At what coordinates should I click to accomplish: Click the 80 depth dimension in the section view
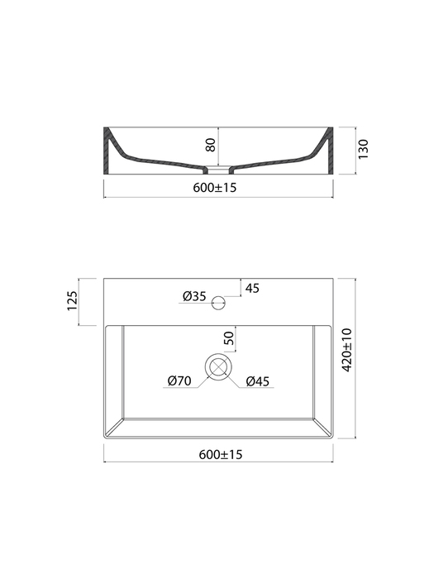[x=210, y=145]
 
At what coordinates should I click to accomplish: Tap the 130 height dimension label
[x=363, y=149]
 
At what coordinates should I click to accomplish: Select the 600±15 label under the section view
[x=214, y=188]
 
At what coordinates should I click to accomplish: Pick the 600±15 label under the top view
[x=221, y=454]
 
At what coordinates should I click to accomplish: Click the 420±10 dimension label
[x=347, y=350]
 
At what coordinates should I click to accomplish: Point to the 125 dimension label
[x=73, y=300]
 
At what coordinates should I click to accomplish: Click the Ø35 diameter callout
[x=194, y=296]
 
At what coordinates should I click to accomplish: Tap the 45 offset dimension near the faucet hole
[x=252, y=288]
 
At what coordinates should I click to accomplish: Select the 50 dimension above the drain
[x=229, y=337]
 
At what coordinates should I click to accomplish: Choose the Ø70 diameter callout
[x=179, y=380]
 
